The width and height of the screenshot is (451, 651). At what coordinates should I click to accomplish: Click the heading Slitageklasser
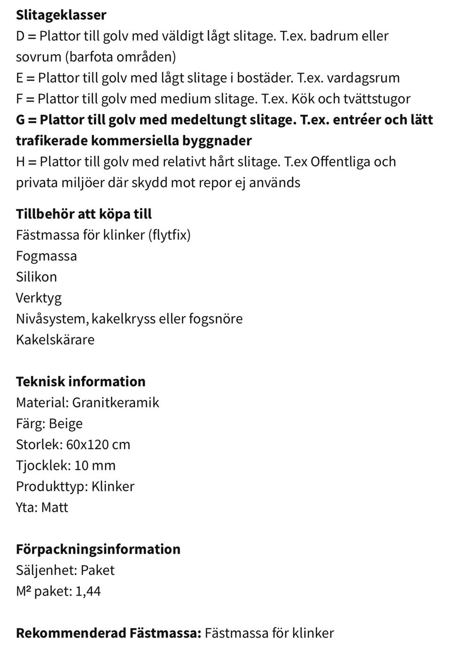click(61, 15)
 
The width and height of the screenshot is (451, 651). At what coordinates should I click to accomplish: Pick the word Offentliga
click(340, 162)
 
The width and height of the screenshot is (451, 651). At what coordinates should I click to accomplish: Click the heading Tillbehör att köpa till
click(84, 214)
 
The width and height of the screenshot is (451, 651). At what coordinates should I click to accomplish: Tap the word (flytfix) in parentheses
click(169, 235)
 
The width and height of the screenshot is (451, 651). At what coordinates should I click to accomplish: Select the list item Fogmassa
click(46, 256)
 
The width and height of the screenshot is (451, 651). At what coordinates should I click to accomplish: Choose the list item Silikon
click(36, 277)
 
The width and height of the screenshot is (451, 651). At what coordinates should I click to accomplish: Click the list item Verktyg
click(39, 298)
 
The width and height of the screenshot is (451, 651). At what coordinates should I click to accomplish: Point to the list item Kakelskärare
click(55, 340)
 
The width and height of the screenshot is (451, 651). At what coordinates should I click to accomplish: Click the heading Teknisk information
click(80, 381)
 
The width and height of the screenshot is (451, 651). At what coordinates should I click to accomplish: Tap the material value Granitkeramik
click(116, 403)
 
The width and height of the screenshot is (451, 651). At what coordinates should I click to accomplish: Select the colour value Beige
click(66, 424)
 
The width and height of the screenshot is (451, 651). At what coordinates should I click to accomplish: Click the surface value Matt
click(54, 507)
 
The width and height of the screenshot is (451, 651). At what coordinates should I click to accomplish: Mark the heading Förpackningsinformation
click(98, 549)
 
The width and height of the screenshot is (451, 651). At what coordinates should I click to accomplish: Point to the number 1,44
click(88, 591)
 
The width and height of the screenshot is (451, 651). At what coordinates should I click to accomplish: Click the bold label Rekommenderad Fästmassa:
click(108, 633)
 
